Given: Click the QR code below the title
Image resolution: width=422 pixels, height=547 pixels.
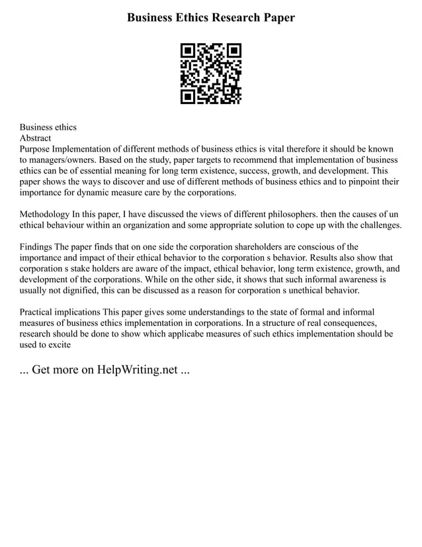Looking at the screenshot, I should tap(211, 74).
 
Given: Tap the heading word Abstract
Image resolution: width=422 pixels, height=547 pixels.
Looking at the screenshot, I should tap(35, 138).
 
